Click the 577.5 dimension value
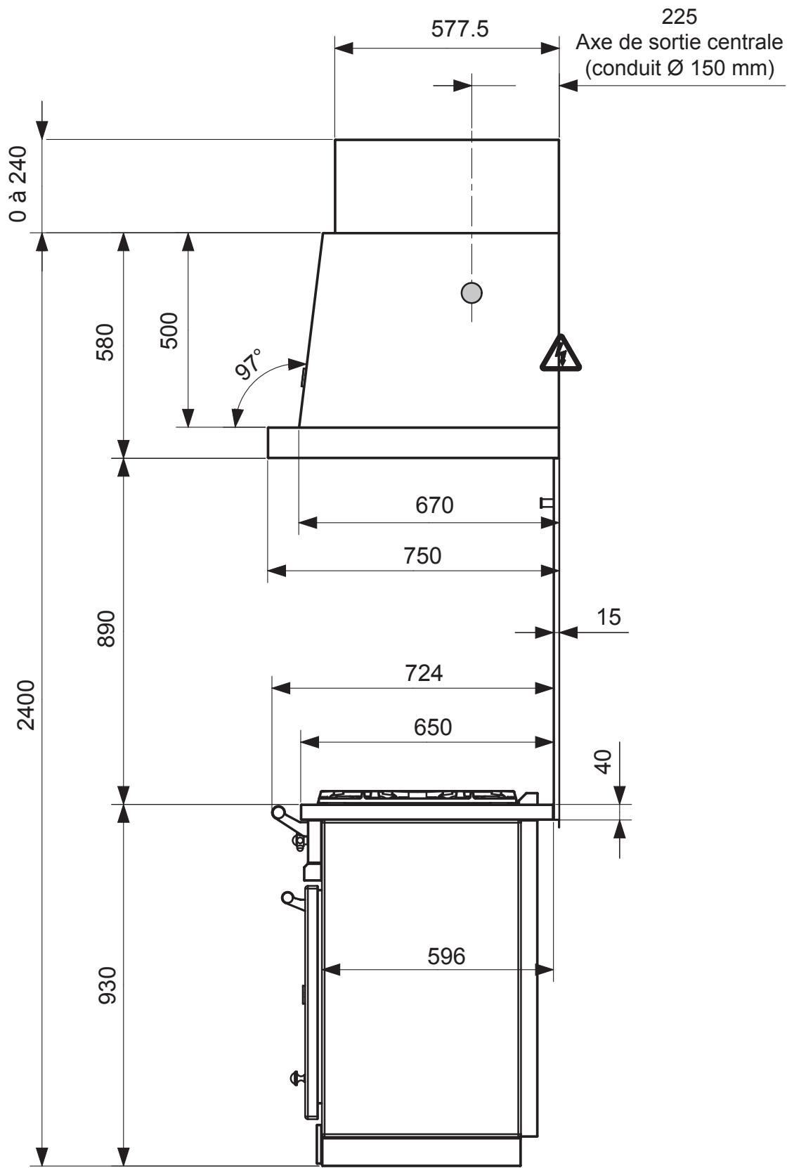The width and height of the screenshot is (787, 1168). pyautogui.click(x=460, y=30)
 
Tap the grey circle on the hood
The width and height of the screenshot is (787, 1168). pyautogui.click(x=471, y=292)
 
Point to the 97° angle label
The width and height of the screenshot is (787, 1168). pyautogui.click(x=249, y=364)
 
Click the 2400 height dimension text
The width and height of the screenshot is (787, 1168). pyautogui.click(x=27, y=705)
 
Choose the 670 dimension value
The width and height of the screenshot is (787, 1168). pyautogui.click(x=434, y=505)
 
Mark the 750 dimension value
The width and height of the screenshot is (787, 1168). pyautogui.click(x=422, y=555)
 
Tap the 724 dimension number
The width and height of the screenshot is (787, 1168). pyautogui.click(x=424, y=673)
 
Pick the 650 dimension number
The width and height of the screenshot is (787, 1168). pyautogui.click(x=433, y=727)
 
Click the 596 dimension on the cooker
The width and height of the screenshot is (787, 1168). pyautogui.click(x=446, y=956)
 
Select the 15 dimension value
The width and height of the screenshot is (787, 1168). pyautogui.click(x=609, y=616)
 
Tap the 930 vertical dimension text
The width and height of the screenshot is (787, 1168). pyautogui.click(x=105, y=985)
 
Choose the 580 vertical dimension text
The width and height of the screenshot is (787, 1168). pyautogui.click(x=105, y=342)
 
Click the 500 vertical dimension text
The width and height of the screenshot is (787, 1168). pyautogui.click(x=169, y=330)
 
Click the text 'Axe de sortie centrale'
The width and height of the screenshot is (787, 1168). pyautogui.click(x=679, y=43)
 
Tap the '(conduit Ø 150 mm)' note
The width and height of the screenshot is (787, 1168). pyautogui.click(x=679, y=69)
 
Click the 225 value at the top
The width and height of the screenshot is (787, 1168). pyautogui.click(x=680, y=15)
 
